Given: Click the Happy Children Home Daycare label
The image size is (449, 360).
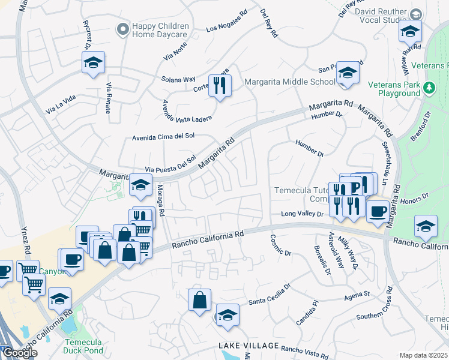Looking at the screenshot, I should click(x=160, y=31).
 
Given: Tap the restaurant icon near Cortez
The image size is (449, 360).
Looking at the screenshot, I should click(x=220, y=85).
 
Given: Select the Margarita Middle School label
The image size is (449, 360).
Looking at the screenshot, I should click(x=290, y=82).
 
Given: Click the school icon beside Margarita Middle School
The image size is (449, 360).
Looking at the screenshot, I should click(x=348, y=73).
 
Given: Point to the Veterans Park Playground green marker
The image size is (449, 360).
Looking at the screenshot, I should click(x=429, y=89).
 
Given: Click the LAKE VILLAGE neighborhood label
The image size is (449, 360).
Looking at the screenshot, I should click(x=249, y=346).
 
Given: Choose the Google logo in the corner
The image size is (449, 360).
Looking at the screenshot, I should click(x=20, y=353).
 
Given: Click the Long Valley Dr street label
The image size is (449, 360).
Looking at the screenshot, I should click(x=303, y=214).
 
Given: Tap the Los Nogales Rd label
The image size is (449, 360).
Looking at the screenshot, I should click(x=227, y=22).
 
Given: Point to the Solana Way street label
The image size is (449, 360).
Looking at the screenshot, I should click(x=178, y=79).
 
